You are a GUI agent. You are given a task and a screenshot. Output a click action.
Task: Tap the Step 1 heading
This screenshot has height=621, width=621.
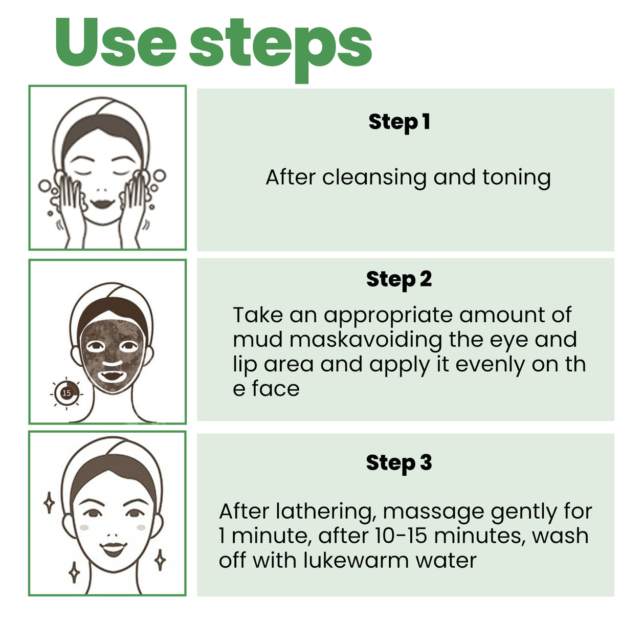click(x=399, y=122)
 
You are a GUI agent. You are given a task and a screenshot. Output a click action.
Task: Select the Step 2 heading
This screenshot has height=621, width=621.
click(x=399, y=280)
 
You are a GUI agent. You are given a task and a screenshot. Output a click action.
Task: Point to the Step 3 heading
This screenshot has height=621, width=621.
click(x=399, y=463)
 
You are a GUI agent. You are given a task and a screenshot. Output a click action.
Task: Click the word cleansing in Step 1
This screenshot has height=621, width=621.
click(x=374, y=178)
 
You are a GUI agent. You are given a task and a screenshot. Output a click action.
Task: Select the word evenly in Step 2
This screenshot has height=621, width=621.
click(x=490, y=365)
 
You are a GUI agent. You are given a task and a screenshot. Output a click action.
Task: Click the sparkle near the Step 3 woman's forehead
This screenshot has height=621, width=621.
click(x=49, y=502)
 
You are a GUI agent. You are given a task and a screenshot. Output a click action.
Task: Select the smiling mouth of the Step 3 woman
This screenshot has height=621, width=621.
click(x=113, y=549)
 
